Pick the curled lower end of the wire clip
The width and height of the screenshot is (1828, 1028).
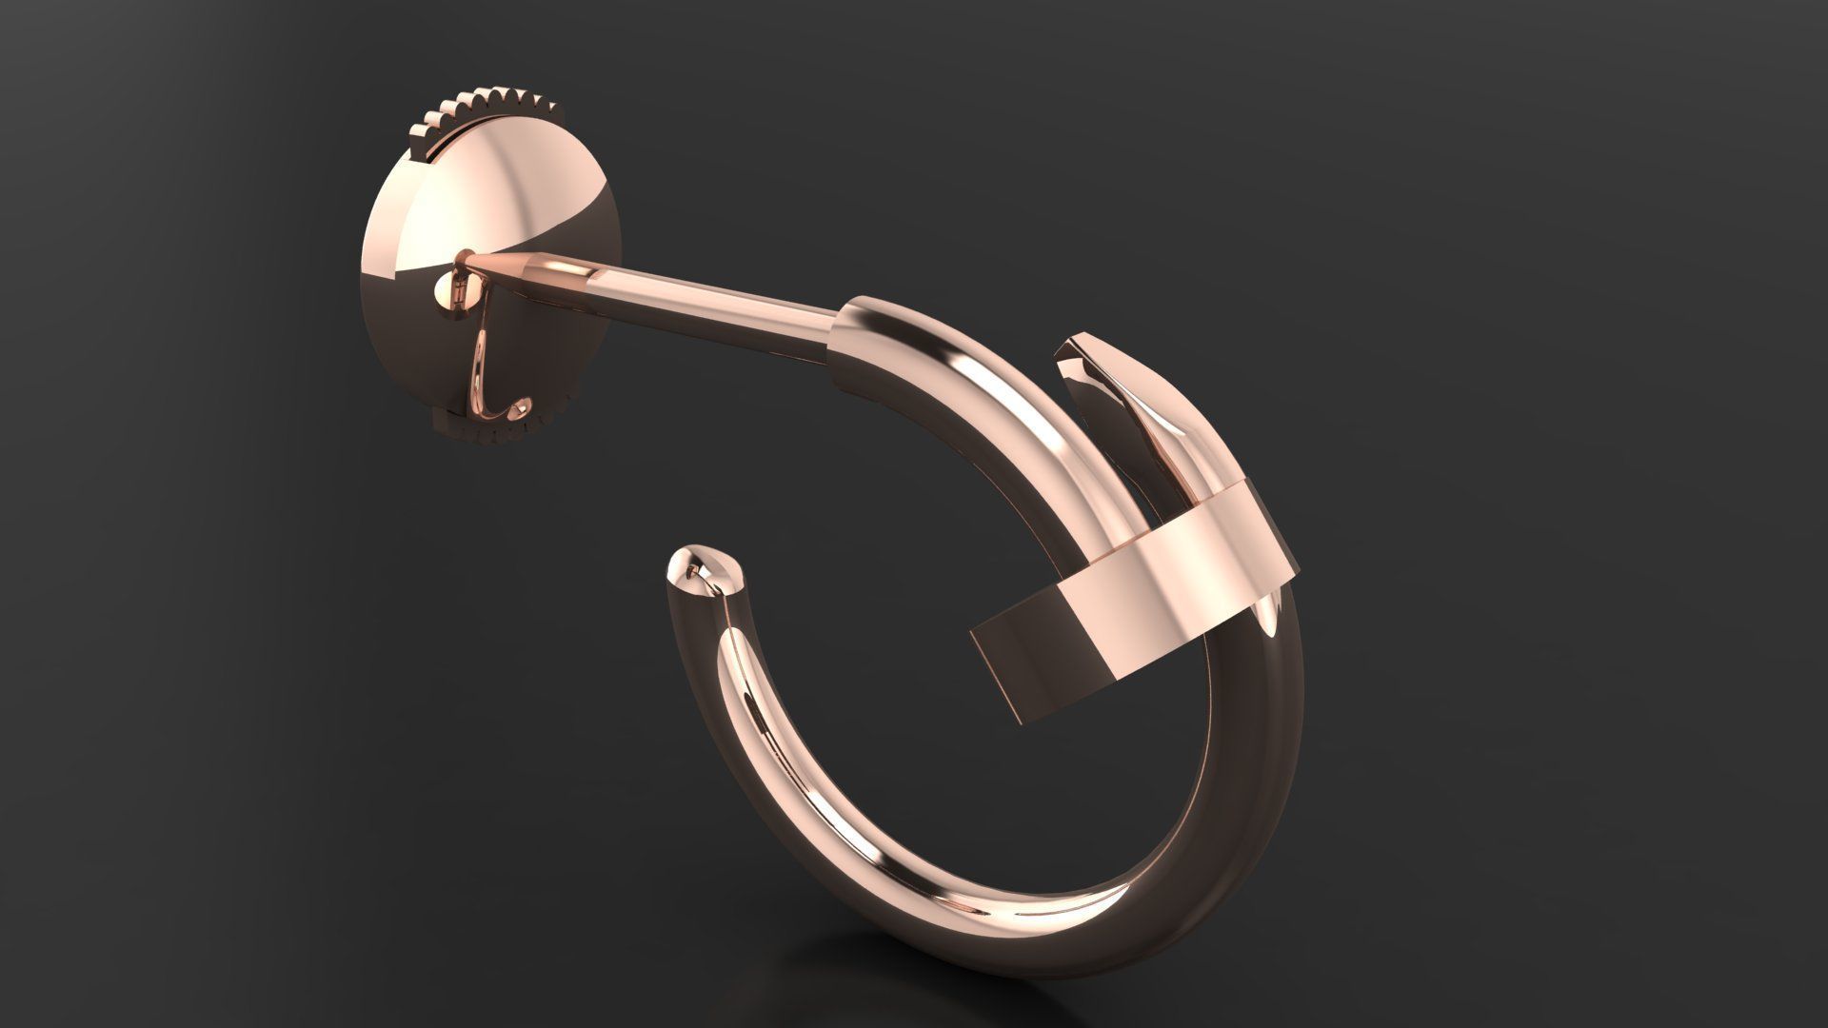pyautogui.click(x=522, y=408)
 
